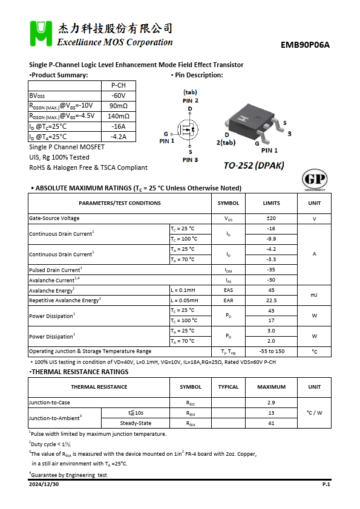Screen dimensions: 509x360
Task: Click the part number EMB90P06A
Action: click(309, 45)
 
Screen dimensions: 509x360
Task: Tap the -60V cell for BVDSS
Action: click(118, 96)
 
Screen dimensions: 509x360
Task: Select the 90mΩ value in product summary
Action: click(118, 106)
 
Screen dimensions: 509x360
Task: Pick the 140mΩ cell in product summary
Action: click(118, 116)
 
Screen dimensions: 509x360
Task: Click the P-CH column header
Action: click(118, 85)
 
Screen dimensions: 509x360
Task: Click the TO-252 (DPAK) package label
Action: click(254, 166)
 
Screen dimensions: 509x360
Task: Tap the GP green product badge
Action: click(314, 180)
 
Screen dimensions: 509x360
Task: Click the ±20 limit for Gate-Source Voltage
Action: click(271, 218)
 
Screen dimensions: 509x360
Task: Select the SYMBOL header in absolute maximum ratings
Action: click(228, 203)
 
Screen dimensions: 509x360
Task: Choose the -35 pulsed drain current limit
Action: click(271, 270)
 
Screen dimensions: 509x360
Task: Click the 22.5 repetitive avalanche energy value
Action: click(271, 300)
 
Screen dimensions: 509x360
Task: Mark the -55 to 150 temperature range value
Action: click(271, 351)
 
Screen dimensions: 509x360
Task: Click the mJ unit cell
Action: click(314, 295)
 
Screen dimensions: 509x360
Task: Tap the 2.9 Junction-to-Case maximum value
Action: click(271, 403)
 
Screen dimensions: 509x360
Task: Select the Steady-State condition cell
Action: click(136, 423)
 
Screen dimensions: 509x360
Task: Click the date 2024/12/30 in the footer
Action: click(44, 485)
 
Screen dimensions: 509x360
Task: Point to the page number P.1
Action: click(326, 485)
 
